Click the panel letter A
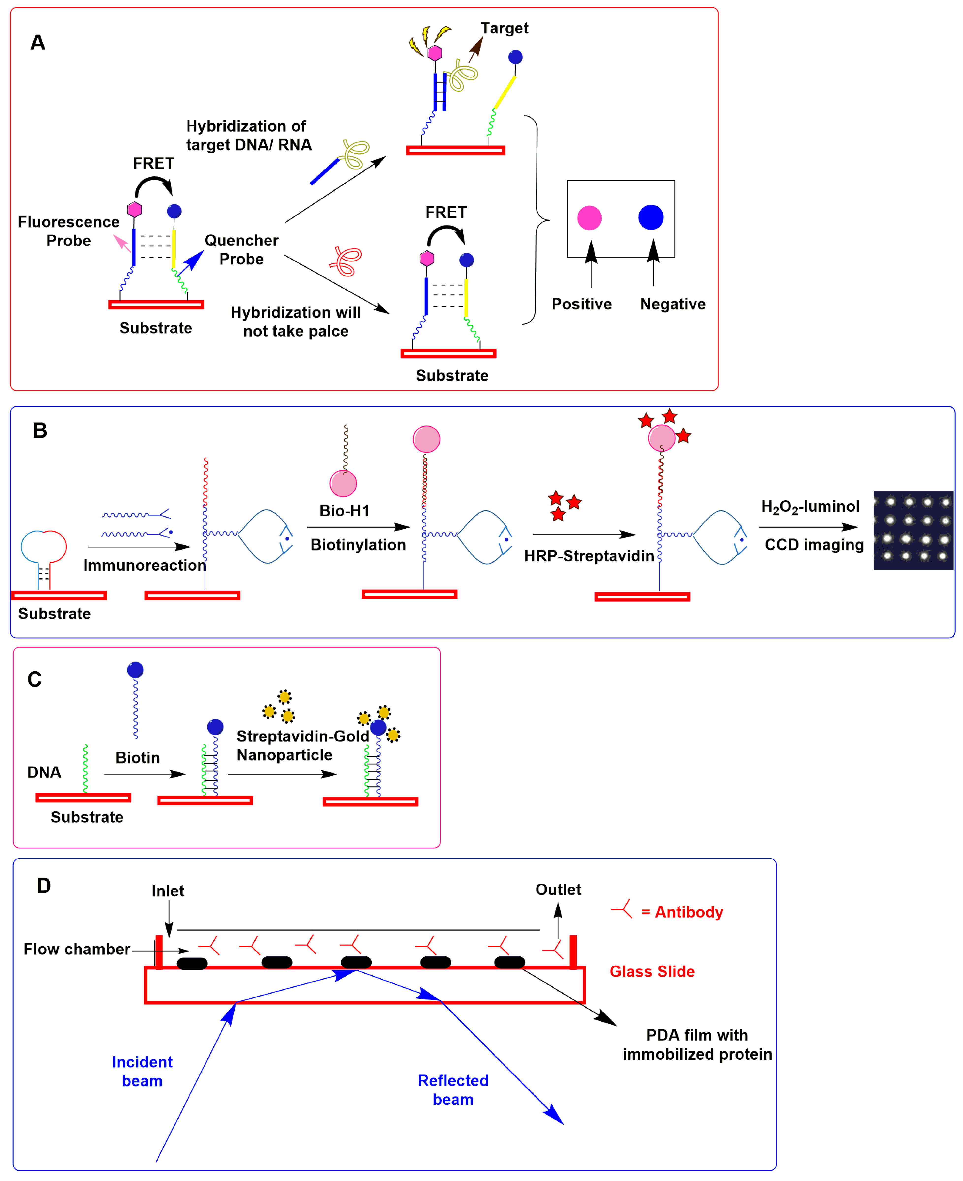[x=38, y=43]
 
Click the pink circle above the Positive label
[x=589, y=218]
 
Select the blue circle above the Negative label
[x=651, y=217]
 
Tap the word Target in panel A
[x=504, y=28]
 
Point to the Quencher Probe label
[x=241, y=249]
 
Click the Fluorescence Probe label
[x=69, y=231]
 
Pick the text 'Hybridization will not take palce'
[x=296, y=322]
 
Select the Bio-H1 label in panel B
[x=345, y=511]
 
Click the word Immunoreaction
[x=144, y=565]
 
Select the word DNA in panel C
[x=44, y=772]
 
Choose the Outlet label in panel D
[x=558, y=890]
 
